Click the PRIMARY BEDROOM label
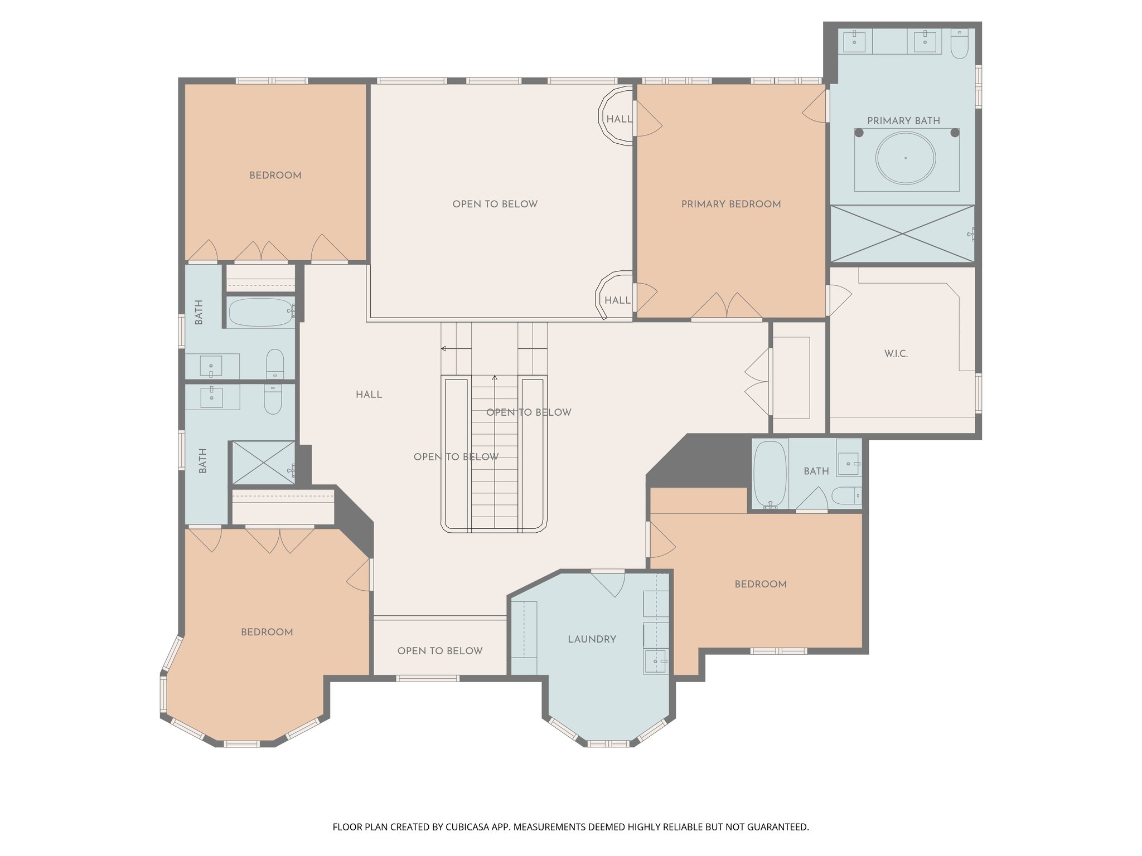coord(730,204)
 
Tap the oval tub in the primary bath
coord(905,158)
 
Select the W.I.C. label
coord(896,353)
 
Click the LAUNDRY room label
coord(592,639)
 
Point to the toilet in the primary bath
coord(959,45)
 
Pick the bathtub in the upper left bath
coord(260,313)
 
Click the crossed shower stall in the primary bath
coord(902,234)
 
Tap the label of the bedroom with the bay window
coord(267,632)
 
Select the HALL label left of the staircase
coord(369,395)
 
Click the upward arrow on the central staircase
coord(495,380)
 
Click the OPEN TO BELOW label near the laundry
coord(439,651)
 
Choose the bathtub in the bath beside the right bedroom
coord(770,474)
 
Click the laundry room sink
coord(655,661)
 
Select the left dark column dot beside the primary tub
coord(859,133)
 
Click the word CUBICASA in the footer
coord(467,827)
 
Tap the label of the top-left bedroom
coord(275,175)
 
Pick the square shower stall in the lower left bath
coord(263,463)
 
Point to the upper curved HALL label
coord(619,119)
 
